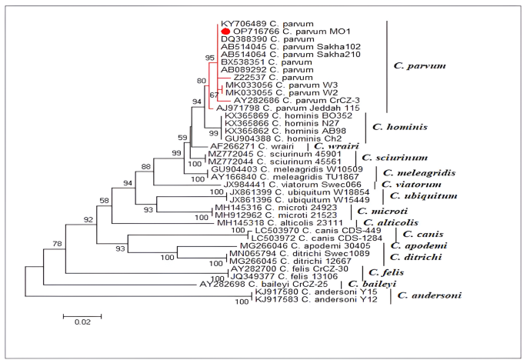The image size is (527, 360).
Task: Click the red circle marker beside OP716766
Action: click(x=226, y=32)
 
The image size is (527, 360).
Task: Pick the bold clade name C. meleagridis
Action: click(x=420, y=173)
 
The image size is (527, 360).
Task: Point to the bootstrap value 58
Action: click(x=105, y=201)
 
